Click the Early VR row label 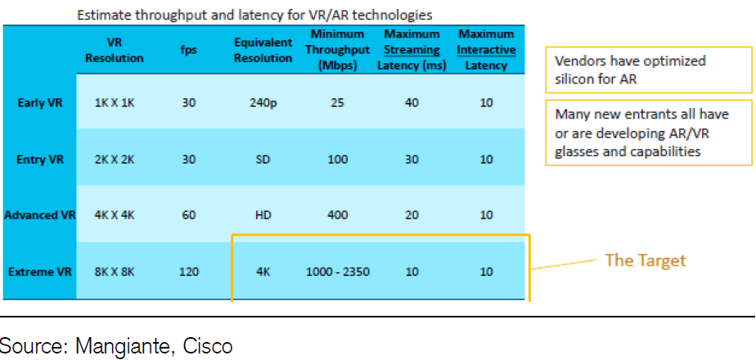[x=40, y=103]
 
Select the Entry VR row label [x=40, y=160]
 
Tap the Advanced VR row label [x=40, y=215]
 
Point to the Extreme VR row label [x=40, y=271]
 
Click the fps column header [x=188, y=51]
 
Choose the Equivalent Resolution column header [x=263, y=51]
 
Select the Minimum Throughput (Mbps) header [x=339, y=51]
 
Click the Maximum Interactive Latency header [x=486, y=51]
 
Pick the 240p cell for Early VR [x=263, y=103]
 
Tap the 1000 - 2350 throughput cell [x=339, y=271]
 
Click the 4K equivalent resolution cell [x=263, y=271]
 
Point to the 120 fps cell [x=188, y=271]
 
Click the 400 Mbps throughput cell [x=339, y=215]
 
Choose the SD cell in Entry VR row [x=263, y=160]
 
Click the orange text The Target [x=645, y=260]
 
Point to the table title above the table [x=255, y=15]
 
